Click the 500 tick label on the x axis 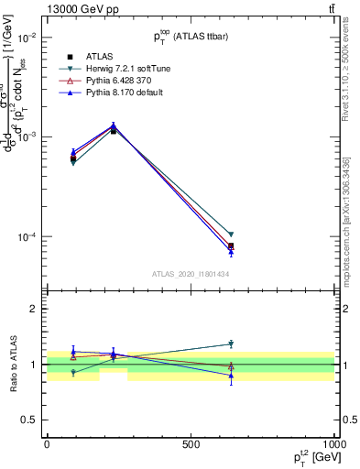[191, 444]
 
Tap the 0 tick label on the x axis [47, 444]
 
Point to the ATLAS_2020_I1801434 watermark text [190, 274]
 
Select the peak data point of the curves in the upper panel [114, 126]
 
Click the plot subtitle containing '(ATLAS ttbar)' [190, 36]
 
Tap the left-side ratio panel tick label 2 [32, 309]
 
